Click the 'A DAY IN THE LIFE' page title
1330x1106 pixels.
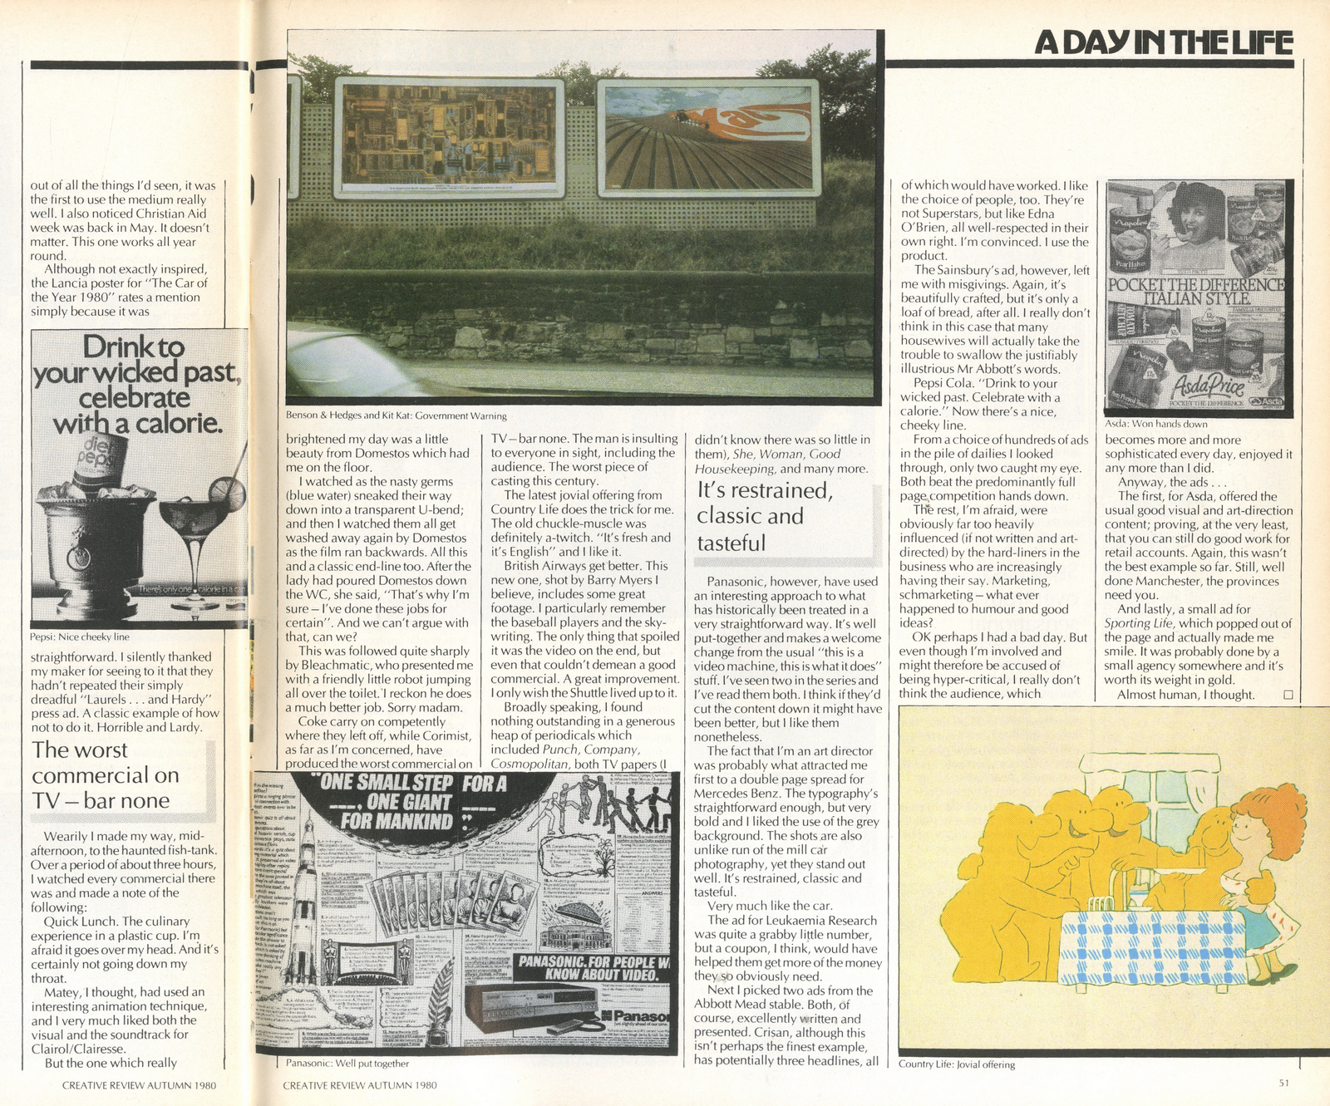[x=1163, y=42]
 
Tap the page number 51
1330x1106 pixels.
[x=1283, y=1083]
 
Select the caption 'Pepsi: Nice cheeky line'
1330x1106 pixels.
[x=80, y=637]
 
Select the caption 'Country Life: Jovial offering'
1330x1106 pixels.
[x=956, y=1064]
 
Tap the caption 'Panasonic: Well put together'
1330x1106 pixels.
[x=347, y=1063]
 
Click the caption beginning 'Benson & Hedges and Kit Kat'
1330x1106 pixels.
[x=396, y=415]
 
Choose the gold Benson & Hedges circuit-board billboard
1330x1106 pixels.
[x=449, y=137]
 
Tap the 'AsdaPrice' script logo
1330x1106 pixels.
[x=1220, y=385]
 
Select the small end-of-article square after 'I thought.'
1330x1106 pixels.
[x=1288, y=695]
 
